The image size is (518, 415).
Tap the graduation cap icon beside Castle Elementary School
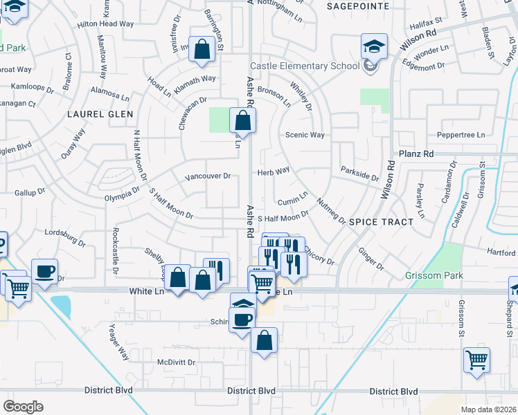[x=373, y=47]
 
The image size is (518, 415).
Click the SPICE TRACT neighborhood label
[x=380, y=221]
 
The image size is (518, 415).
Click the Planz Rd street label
[x=416, y=154]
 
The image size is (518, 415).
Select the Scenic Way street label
[x=305, y=135]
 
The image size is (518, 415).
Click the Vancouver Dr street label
[x=208, y=176]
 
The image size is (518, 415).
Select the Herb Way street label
[x=274, y=171]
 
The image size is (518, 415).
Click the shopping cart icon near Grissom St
[x=476, y=360]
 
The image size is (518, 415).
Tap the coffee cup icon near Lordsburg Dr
[x=45, y=272]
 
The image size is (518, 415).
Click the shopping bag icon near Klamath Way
[x=201, y=49]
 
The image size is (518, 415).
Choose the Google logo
[x=23, y=407]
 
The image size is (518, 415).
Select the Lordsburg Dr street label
[x=64, y=238]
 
